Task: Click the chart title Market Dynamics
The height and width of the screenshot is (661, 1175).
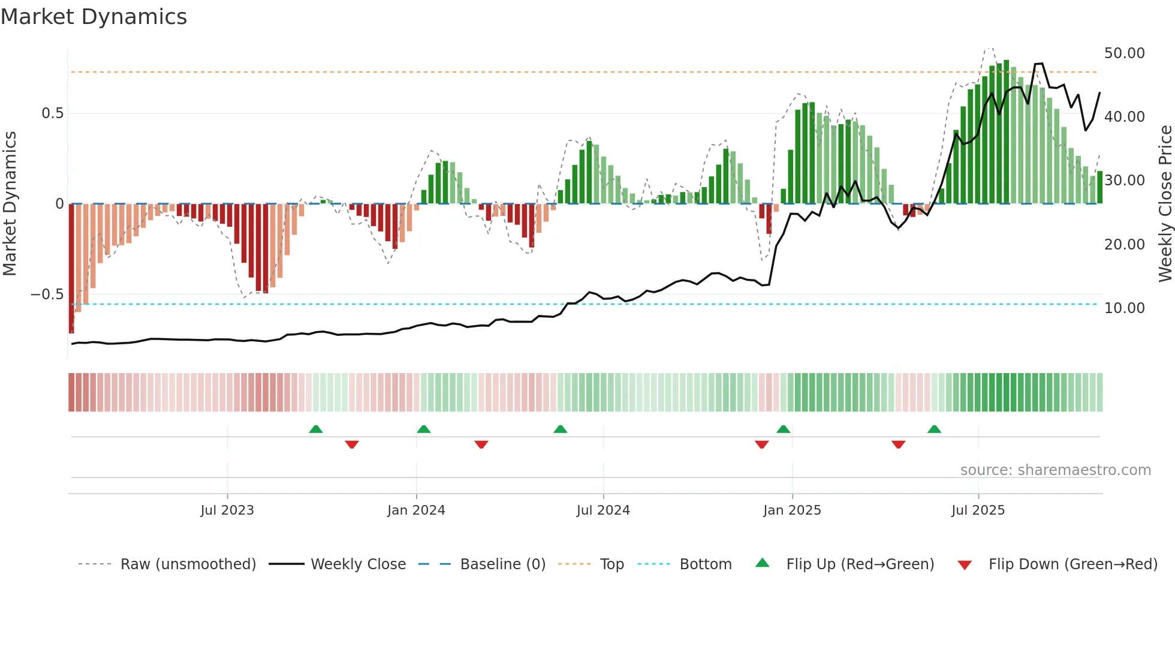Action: click(x=94, y=17)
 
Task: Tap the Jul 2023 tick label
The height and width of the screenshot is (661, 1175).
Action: click(x=227, y=510)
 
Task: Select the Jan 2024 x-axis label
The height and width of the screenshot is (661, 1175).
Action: click(x=416, y=510)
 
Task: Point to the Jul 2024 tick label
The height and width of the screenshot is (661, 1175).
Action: click(x=603, y=510)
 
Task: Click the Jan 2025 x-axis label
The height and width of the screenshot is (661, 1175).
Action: click(x=792, y=510)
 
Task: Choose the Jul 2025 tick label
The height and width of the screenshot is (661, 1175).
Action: click(x=978, y=510)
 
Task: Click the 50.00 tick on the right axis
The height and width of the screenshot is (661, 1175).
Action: click(x=1124, y=53)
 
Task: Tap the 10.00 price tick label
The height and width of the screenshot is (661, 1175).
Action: click(x=1124, y=308)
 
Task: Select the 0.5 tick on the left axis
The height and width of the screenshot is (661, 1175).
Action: click(x=52, y=113)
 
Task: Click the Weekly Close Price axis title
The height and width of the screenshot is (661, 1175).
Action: click(x=1165, y=204)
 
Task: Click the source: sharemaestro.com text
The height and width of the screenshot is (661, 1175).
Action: click(x=1055, y=470)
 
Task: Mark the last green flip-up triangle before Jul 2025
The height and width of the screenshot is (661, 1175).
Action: click(x=934, y=429)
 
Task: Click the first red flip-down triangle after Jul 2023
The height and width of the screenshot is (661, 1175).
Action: click(x=352, y=444)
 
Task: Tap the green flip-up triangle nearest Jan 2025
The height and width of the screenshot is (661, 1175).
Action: click(x=783, y=429)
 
